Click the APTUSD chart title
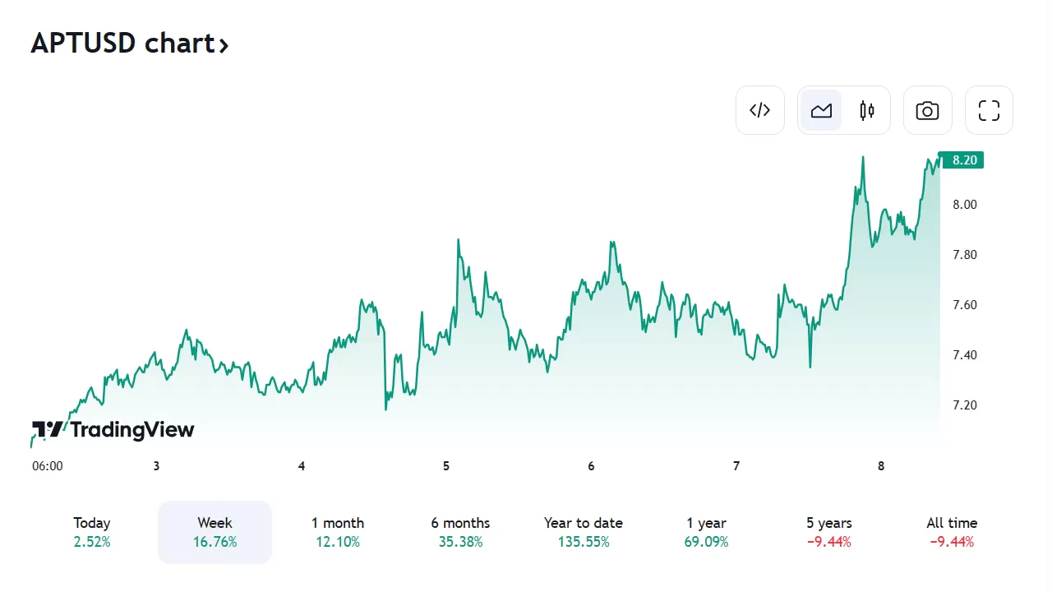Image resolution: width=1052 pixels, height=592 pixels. click(129, 43)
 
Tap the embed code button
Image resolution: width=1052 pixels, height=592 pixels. click(760, 110)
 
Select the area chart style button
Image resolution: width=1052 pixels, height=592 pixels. click(821, 110)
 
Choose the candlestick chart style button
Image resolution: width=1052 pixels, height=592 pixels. click(867, 110)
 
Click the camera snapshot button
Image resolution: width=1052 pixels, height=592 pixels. click(927, 110)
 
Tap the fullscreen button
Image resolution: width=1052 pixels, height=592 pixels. click(989, 110)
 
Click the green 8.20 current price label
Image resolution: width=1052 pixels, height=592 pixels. click(962, 160)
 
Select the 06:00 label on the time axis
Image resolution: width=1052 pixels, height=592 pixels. click(47, 466)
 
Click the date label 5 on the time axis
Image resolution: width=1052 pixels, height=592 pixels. click(446, 466)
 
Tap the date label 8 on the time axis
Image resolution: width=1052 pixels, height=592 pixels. click(881, 466)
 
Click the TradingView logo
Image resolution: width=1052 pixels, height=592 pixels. click(113, 429)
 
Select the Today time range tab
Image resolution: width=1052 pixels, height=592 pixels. click(91, 532)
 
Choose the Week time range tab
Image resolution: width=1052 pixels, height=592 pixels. click(215, 532)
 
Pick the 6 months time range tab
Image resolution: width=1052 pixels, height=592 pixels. click(460, 532)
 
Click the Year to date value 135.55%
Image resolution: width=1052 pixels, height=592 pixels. click(583, 542)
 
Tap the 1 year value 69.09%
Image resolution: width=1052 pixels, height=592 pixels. click(706, 542)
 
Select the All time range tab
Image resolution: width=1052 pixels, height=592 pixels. click(952, 532)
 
